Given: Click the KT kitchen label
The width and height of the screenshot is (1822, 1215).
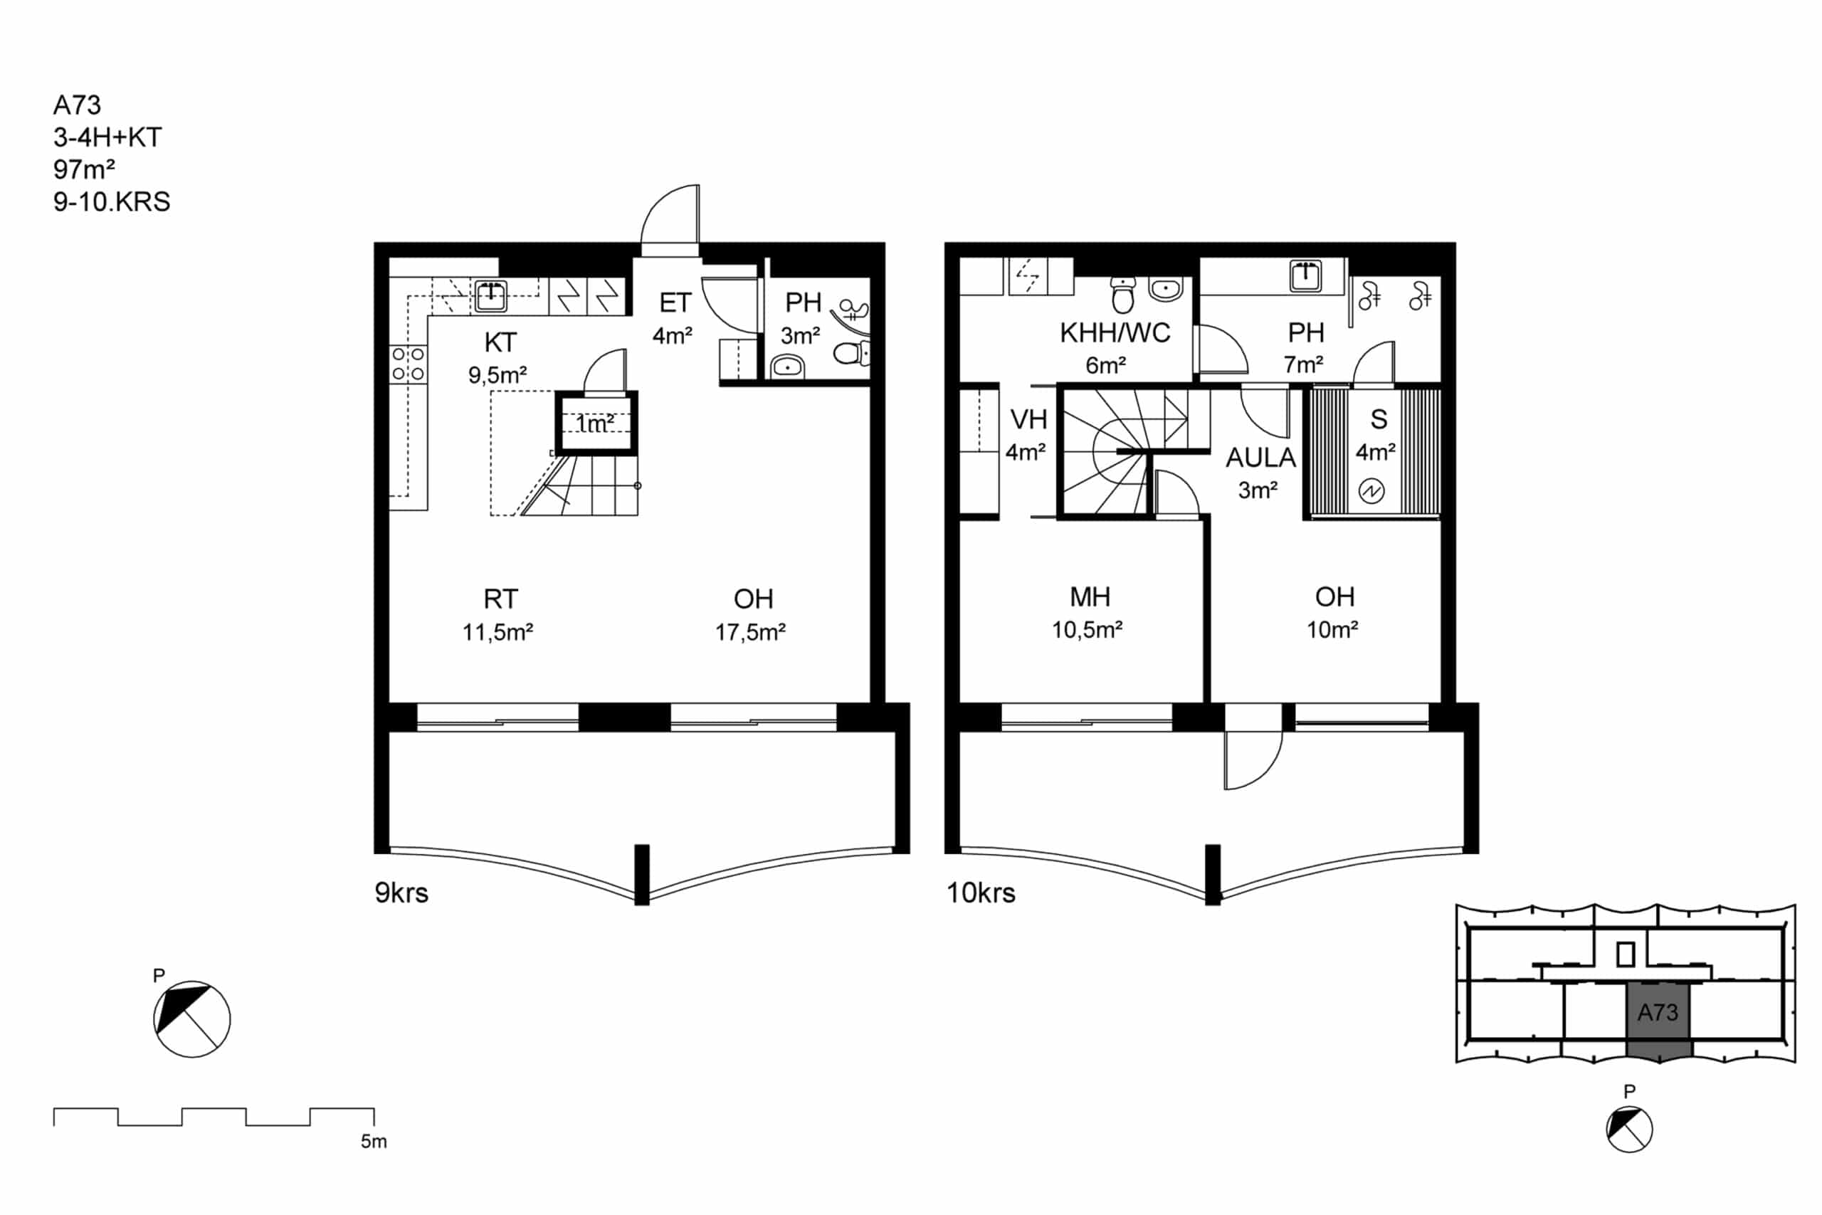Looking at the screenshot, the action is point(500,342).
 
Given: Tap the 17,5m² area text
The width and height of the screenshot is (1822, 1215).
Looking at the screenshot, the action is point(750,632).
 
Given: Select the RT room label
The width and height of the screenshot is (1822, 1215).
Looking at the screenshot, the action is point(500,599).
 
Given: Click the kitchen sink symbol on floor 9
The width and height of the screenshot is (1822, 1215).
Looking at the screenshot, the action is point(490,295).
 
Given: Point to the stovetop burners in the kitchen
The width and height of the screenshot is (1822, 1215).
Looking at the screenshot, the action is point(409,364).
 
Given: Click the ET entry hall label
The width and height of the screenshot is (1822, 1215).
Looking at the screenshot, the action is point(675,303).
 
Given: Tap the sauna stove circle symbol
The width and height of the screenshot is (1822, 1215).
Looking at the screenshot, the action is point(1371,491).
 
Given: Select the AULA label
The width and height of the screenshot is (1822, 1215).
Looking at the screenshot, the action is point(1260,458).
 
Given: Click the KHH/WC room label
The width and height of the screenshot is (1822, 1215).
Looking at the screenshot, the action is point(1115,333).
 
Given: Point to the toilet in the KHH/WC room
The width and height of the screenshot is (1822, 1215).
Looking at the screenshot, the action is point(1122,294).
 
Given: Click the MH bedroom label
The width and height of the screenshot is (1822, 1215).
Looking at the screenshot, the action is point(1090,596).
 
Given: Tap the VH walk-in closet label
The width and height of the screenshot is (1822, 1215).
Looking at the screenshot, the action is point(1028,419).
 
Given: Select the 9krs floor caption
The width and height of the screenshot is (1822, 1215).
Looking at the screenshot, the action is point(401,893).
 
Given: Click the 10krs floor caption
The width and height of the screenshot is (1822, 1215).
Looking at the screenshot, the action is point(981,893).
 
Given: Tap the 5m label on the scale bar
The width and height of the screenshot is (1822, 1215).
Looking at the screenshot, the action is point(374,1142).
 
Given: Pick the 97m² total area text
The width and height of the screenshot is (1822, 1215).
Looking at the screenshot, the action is point(85,169).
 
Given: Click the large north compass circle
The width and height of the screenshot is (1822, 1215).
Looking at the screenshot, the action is point(192,1019).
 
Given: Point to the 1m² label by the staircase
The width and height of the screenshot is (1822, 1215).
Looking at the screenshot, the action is point(595,424).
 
